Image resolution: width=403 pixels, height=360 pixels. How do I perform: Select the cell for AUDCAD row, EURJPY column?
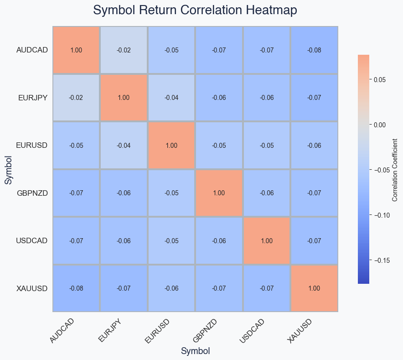[x=124, y=50]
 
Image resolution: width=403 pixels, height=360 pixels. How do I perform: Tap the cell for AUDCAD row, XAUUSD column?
[x=314, y=50]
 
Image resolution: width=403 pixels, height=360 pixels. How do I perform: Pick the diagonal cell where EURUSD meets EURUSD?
[x=171, y=146]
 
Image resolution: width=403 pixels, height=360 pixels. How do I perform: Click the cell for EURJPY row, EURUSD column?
[x=171, y=98]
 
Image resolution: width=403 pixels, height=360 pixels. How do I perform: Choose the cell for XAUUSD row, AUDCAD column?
[x=76, y=288]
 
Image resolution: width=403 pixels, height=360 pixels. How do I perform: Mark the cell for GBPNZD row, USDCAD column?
[x=267, y=193]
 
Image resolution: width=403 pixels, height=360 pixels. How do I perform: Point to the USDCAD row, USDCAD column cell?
[x=267, y=240]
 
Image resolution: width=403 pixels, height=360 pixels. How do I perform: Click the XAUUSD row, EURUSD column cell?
[x=171, y=288]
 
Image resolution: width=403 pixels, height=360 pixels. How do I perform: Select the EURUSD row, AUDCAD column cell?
[x=76, y=146]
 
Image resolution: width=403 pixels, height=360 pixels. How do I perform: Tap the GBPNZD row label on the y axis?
[x=32, y=193]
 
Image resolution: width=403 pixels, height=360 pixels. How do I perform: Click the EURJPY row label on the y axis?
[x=33, y=98]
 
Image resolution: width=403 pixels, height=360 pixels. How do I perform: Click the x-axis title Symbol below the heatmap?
[x=195, y=351]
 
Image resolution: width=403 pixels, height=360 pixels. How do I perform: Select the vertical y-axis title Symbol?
[x=8, y=169]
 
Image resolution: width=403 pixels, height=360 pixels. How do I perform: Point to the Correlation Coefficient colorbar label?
[x=395, y=169]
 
